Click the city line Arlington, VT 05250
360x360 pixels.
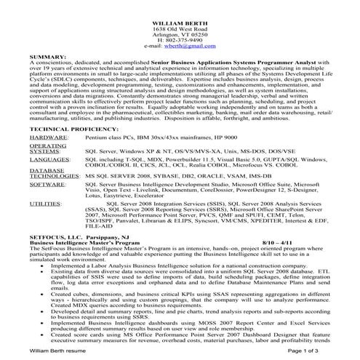(x=180, y=32)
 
